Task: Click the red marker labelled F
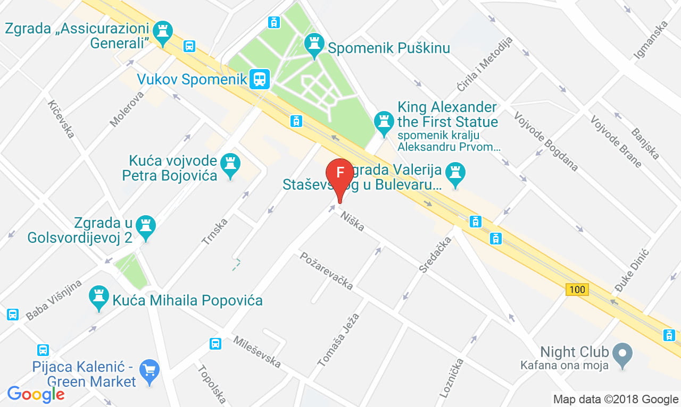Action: (339, 174)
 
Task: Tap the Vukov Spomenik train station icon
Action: (259, 80)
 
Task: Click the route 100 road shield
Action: (577, 290)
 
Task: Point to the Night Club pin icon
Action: (621, 352)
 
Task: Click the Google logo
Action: (36, 394)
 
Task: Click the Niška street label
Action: (353, 221)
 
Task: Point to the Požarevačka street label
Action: (326, 270)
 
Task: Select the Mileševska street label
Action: (257, 352)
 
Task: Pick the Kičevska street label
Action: (61, 119)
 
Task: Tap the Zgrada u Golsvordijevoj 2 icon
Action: (145, 225)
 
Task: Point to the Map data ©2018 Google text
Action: (616, 399)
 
